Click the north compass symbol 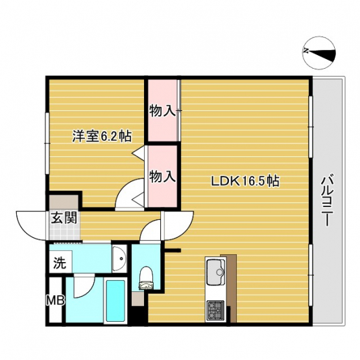click(x=319, y=53)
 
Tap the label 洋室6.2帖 click(x=102, y=136)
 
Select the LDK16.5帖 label click(x=245, y=181)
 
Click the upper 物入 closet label click(x=163, y=112)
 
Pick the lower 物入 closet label click(x=163, y=177)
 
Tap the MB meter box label click(x=55, y=300)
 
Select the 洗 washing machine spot click(x=60, y=263)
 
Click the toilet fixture click(x=145, y=278)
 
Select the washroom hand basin click(x=119, y=258)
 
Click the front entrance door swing click(x=32, y=226)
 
